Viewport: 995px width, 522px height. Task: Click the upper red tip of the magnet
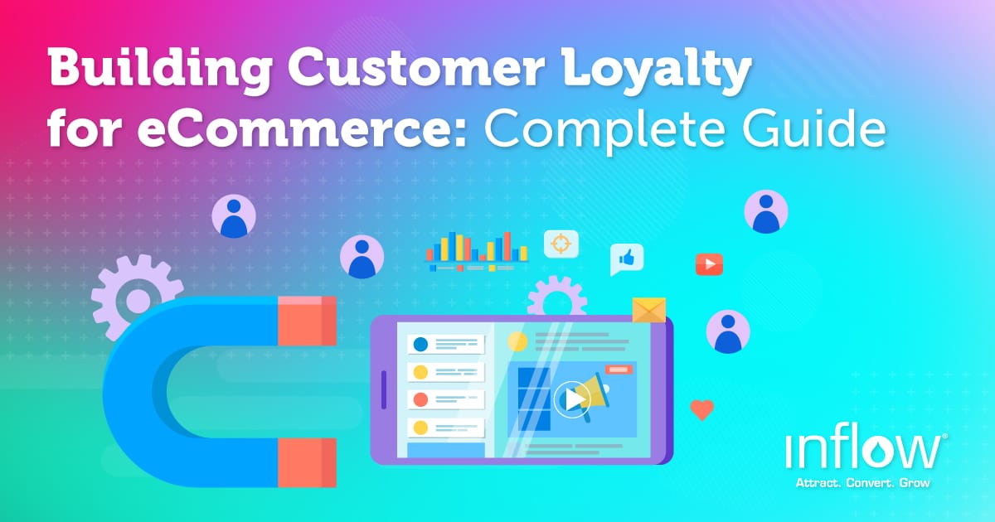(307, 320)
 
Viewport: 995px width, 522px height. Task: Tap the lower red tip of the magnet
(307, 462)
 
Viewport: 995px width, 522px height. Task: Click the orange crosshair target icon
(561, 244)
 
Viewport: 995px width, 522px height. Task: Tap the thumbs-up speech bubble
(627, 259)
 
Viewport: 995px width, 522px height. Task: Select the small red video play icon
(709, 264)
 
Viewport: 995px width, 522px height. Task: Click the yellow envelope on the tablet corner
(649, 310)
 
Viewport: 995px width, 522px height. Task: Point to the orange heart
(702, 409)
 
